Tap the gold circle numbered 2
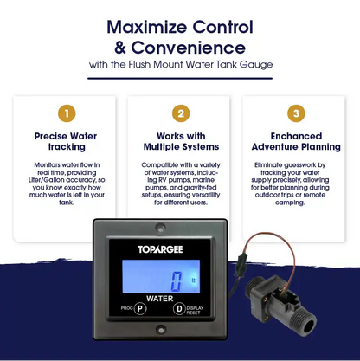tap(179, 113)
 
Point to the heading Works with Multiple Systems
tap(180, 142)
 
